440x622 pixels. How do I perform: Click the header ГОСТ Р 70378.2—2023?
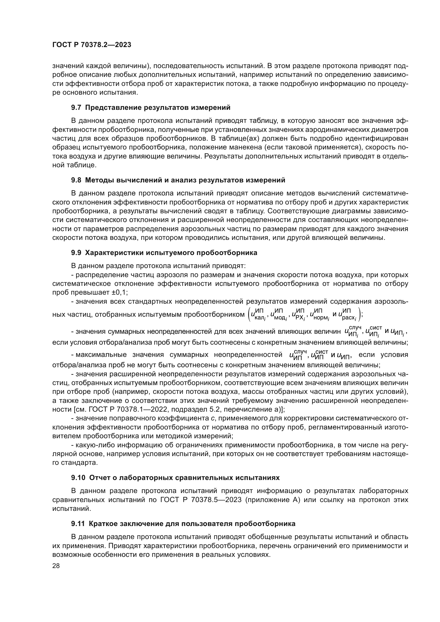tap(92, 45)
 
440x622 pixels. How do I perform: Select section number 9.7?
tap(76, 107)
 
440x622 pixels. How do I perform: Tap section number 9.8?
tap(76, 180)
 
